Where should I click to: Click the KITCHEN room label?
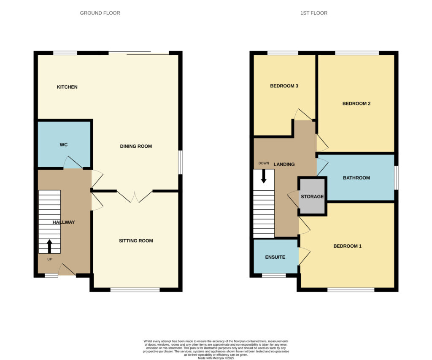point(67,87)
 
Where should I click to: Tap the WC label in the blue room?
point(64,145)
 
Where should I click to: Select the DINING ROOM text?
point(136,146)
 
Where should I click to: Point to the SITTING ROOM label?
point(136,241)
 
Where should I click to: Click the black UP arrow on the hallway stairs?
point(50,246)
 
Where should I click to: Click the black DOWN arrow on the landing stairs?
point(264,176)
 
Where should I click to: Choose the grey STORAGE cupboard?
point(312,196)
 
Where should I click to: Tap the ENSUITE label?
point(275,257)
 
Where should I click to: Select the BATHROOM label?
point(356,178)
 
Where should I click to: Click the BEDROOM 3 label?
point(284,86)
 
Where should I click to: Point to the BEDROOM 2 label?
point(356,104)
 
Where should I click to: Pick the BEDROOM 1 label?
point(348,246)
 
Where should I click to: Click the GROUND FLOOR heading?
point(100,13)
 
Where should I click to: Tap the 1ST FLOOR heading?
point(314,13)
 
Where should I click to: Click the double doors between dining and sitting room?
point(135,196)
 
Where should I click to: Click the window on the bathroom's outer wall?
point(396,178)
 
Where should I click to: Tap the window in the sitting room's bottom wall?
point(135,290)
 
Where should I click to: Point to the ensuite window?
point(274,275)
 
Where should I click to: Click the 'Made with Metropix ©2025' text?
point(216,358)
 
